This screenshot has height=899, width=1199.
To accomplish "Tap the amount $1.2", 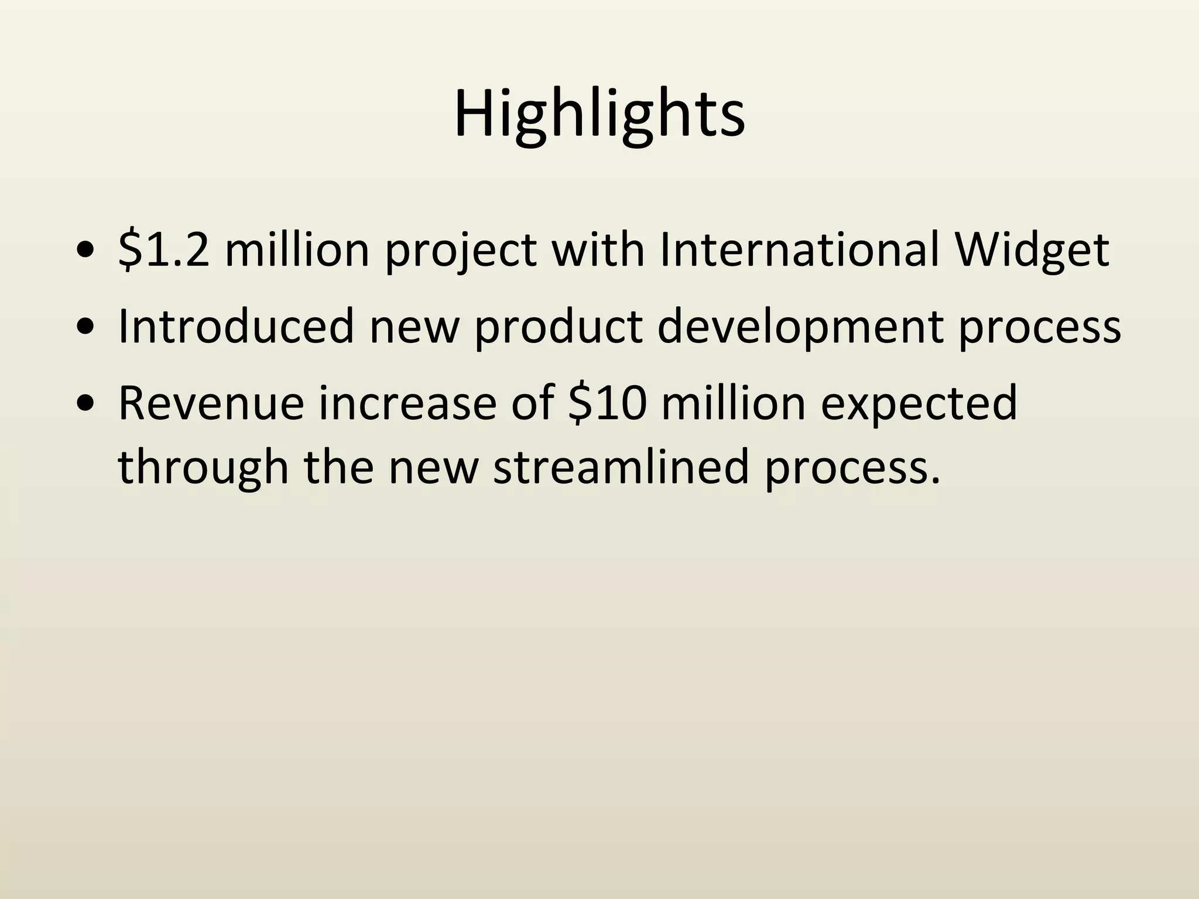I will (x=163, y=250).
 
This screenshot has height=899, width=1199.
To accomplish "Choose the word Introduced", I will (x=236, y=326).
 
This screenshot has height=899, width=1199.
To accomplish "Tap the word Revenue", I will (x=211, y=403).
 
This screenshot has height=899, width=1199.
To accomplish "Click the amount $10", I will (x=607, y=403).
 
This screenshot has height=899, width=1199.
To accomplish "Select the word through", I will (x=203, y=469).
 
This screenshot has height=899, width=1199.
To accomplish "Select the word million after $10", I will (x=734, y=403).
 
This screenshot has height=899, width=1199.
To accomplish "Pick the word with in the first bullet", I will (x=598, y=250).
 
